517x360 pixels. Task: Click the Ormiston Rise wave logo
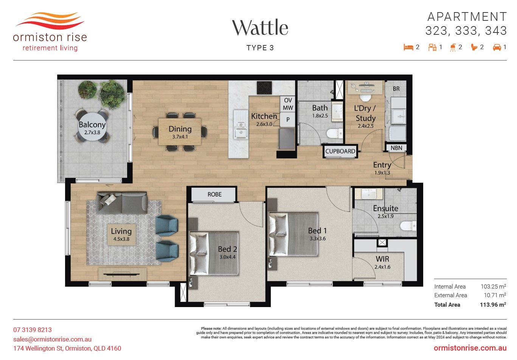pos(50,21)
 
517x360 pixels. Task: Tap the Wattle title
pos(260,28)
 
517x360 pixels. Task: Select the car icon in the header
pos(497,47)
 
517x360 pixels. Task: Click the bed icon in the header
pos(408,47)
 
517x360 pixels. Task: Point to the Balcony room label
pos(92,125)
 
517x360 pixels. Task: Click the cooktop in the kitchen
pos(264,88)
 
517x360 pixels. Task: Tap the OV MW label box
pos(288,104)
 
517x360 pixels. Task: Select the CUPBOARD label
pos(340,151)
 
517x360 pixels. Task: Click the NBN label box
pos(396,148)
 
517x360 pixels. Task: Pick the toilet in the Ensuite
pos(408,226)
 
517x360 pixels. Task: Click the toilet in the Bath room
pos(335,133)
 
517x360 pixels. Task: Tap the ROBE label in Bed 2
pos(214,194)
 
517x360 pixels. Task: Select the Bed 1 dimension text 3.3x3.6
pos(318,239)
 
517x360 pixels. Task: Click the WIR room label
pos(382,259)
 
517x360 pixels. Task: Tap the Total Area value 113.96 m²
pos(493,305)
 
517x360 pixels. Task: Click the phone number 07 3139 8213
pos(33,330)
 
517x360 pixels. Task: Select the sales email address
pos(53,339)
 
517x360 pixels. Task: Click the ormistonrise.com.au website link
pos(470,348)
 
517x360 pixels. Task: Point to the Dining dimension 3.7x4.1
pos(180,137)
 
